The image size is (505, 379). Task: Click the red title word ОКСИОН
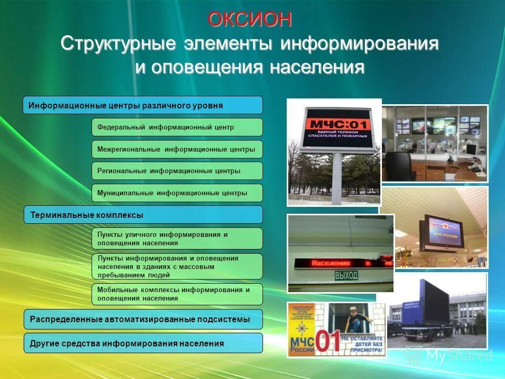pyautogui.click(x=249, y=19)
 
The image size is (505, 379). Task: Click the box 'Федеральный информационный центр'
pyautogui.click(x=177, y=127)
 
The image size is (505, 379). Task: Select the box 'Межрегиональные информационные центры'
pyautogui.click(x=177, y=149)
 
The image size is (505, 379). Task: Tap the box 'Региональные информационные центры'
pyautogui.click(x=177, y=171)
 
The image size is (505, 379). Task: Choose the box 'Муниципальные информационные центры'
pyautogui.click(x=177, y=193)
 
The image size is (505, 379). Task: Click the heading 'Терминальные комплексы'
pyautogui.click(x=143, y=215)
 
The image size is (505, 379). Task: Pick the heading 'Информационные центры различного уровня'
pyautogui.click(x=143, y=105)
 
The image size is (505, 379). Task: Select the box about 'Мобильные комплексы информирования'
pyautogui.click(x=177, y=294)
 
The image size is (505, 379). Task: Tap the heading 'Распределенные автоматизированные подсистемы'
pyautogui.click(x=143, y=319)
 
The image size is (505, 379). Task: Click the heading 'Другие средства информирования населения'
pyautogui.click(x=143, y=343)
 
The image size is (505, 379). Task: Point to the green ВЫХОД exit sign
pyautogui.click(x=346, y=275)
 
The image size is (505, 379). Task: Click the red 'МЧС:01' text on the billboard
pyautogui.click(x=337, y=124)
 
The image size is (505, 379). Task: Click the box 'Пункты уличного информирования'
pyautogui.click(x=177, y=238)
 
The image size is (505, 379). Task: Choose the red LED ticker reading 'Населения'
pyautogui.click(x=342, y=262)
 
